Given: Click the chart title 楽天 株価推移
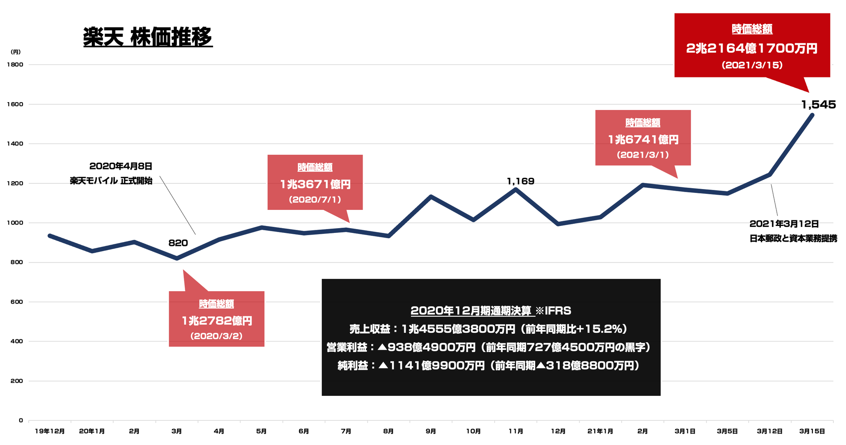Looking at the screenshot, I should coord(148,37).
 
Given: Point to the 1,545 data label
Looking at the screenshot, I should coord(818,105).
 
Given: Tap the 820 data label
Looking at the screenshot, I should coord(178,243).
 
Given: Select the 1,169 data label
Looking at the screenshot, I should coord(520,181).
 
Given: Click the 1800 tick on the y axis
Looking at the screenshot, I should coord(15,65).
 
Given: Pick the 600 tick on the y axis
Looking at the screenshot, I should coord(17,302).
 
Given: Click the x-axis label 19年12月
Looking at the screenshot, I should coord(50,432).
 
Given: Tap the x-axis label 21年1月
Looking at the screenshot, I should coord(600,432).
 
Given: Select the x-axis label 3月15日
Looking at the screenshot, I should coord(812,432).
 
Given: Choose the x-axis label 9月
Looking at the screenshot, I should coord(431,432).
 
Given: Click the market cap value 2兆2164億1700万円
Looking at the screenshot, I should coord(752,48).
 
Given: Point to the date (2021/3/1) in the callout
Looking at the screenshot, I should coord(643,155).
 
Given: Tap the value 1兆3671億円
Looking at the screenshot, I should coord(315,185).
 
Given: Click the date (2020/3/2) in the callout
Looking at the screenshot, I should coord(216,336).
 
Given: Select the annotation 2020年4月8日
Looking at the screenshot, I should coord(121,166).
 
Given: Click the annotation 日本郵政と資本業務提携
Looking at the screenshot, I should coord(793,239).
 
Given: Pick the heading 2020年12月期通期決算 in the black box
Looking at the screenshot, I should coord(471,311).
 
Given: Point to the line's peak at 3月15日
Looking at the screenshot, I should coord(812,115).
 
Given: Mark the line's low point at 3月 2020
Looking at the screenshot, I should coord(177,259).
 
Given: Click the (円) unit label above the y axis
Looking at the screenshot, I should coord(16,52).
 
